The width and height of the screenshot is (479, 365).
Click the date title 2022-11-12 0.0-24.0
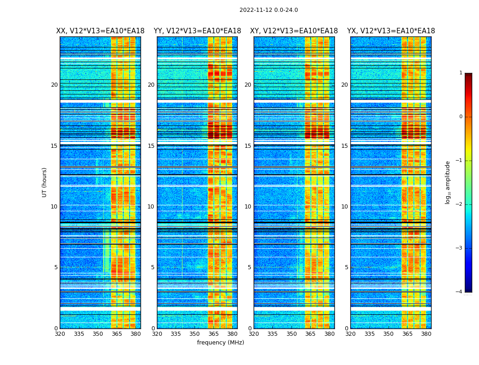[268, 10]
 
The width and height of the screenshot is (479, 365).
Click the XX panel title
[100, 31]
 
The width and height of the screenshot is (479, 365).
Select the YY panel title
[197, 31]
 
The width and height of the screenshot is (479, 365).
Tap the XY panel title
[294, 31]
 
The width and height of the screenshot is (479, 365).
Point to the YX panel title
[391, 31]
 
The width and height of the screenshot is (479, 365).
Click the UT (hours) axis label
[45, 182]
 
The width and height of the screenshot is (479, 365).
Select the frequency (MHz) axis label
[220, 343]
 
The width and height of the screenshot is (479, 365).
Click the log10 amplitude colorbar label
[448, 182]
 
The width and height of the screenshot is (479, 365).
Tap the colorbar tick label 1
[461, 73]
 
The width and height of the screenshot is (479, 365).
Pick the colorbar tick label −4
[459, 292]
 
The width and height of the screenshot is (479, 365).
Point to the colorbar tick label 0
[461, 117]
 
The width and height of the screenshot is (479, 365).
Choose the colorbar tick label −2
[459, 204]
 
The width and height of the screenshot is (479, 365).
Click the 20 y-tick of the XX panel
[54, 85]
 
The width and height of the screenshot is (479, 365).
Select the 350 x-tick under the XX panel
[98, 334]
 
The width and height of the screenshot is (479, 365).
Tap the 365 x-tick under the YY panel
[213, 334]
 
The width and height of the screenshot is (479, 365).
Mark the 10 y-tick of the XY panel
[248, 207]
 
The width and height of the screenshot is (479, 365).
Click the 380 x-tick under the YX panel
[426, 334]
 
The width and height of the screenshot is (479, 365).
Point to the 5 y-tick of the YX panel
[346, 267]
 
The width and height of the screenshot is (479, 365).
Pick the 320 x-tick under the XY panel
[254, 334]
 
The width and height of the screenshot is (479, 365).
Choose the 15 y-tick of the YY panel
[151, 146]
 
